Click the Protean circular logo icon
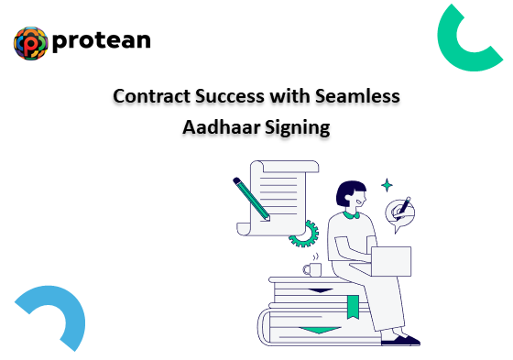pyautogui.click(x=31, y=43)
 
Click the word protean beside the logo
pyautogui.click(x=102, y=41)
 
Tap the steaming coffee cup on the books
pyautogui.click(x=312, y=268)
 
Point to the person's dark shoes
pyautogui.click(x=401, y=340)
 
